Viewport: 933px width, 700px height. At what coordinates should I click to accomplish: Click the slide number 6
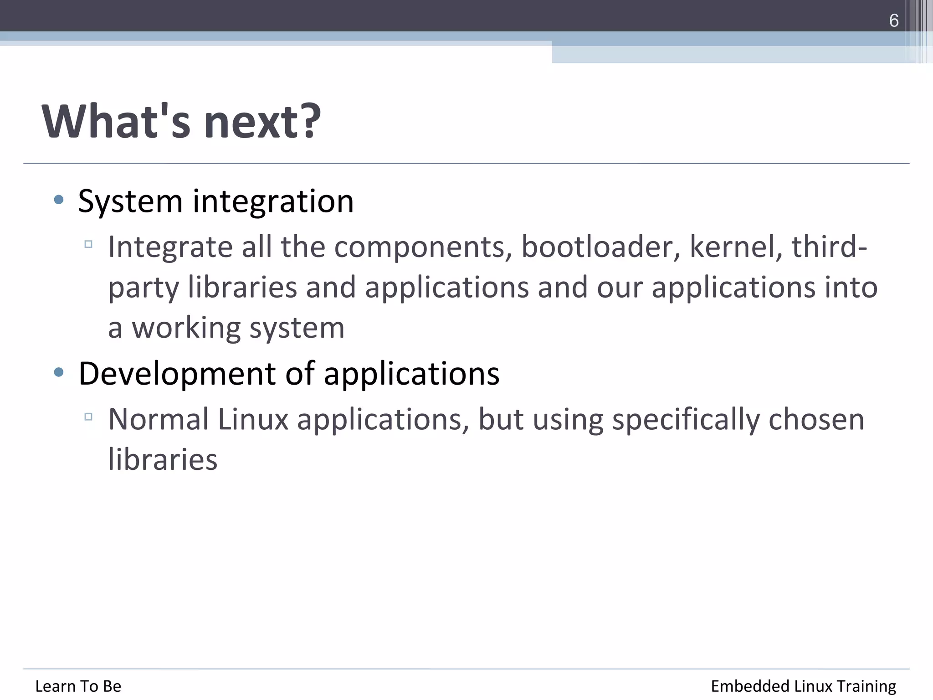[x=893, y=21]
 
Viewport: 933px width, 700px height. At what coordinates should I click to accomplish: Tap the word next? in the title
[x=262, y=121]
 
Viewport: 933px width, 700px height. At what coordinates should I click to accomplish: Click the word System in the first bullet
[x=130, y=201]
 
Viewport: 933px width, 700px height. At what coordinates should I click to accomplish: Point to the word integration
[x=273, y=201]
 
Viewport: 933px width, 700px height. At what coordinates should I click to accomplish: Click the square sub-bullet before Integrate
[x=88, y=244]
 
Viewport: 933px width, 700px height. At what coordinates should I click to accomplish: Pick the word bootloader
[x=600, y=247]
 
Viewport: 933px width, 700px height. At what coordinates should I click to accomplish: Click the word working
[x=186, y=328]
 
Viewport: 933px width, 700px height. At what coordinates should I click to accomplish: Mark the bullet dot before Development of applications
[x=58, y=372]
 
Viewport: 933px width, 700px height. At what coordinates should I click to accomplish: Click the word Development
[x=177, y=374]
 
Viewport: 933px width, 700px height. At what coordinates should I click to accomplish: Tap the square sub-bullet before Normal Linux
[x=88, y=417]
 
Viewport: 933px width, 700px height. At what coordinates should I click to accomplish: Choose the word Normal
[x=158, y=419]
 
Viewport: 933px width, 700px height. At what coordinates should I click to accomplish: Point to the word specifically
[x=686, y=420]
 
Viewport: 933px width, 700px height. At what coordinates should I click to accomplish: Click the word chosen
[x=816, y=419]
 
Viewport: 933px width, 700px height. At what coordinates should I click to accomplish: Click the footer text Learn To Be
[x=78, y=686]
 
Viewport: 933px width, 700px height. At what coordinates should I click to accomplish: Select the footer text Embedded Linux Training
[x=803, y=686]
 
